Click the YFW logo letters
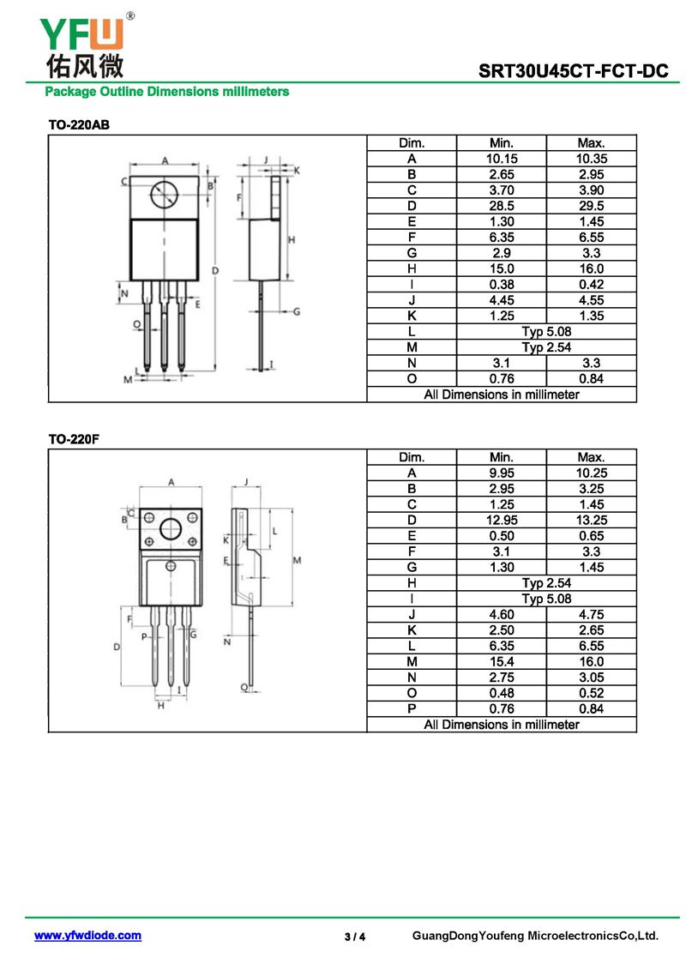[x=81, y=33]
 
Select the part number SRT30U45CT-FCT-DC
[x=574, y=71]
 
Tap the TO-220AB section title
[x=79, y=125]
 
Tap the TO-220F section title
[x=74, y=439]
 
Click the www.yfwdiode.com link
[x=87, y=936]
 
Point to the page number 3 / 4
[x=355, y=937]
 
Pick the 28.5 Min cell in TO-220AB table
[x=502, y=206]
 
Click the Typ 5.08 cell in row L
[x=546, y=332]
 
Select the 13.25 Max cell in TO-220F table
[x=592, y=521]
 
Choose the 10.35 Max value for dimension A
[x=592, y=159]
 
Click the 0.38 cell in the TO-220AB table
[x=502, y=285]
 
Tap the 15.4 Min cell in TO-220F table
[x=502, y=662]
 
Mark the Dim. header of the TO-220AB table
[x=412, y=143]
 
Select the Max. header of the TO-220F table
[x=592, y=457]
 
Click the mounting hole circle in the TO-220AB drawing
[x=165, y=196]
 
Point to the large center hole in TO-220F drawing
[x=171, y=529]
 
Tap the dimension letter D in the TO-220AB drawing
[x=215, y=270]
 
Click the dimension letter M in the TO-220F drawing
[x=297, y=560]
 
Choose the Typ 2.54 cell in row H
[x=546, y=583]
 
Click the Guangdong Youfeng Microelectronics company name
[x=536, y=936]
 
